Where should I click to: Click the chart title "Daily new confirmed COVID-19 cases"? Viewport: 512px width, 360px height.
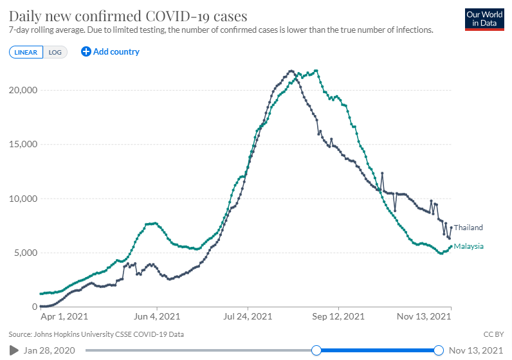128,15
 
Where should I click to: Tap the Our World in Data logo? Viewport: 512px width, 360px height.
482,19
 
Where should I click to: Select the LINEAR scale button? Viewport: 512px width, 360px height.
26,52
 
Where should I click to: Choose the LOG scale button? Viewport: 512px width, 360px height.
55,52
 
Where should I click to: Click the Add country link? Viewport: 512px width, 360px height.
110,51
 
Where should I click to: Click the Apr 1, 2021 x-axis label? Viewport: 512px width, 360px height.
64,317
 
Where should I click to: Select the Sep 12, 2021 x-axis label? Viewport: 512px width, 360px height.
339,317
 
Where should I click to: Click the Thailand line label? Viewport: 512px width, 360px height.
468,228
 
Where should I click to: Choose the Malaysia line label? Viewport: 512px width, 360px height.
469,246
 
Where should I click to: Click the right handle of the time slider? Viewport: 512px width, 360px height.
439,350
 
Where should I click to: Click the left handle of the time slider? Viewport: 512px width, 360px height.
316,350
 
